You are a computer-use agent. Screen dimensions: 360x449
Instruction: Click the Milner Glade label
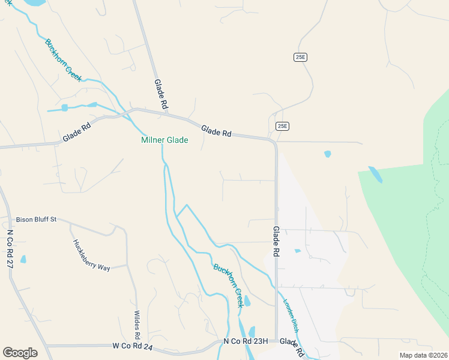click(164, 140)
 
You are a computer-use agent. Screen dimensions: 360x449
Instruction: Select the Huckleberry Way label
click(91, 256)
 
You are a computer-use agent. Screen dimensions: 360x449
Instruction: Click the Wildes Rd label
click(137, 323)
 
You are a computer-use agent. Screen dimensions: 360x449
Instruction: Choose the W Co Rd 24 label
click(133, 346)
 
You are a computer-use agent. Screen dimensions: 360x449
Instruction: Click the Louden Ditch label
click(291, 316)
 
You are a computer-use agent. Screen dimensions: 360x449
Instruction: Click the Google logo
click(20, 352)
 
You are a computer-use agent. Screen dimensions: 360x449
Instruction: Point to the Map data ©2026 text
click(423, 355)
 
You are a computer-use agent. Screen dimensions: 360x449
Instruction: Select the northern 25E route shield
click(300, 57)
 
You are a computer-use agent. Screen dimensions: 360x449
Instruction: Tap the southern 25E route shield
click(283, 126)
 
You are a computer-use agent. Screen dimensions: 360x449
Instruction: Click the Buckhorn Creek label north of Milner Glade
click(63, 60)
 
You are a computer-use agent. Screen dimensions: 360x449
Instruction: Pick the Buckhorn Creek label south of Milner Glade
click(228, 286)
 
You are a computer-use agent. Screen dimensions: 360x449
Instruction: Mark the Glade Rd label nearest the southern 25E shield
click(217, 131)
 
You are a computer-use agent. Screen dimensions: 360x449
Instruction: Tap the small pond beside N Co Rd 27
click(23, 259)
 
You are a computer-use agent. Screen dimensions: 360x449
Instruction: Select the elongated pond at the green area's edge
click(375, 174)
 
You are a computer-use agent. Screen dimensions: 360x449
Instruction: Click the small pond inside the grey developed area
click(298, 251)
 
